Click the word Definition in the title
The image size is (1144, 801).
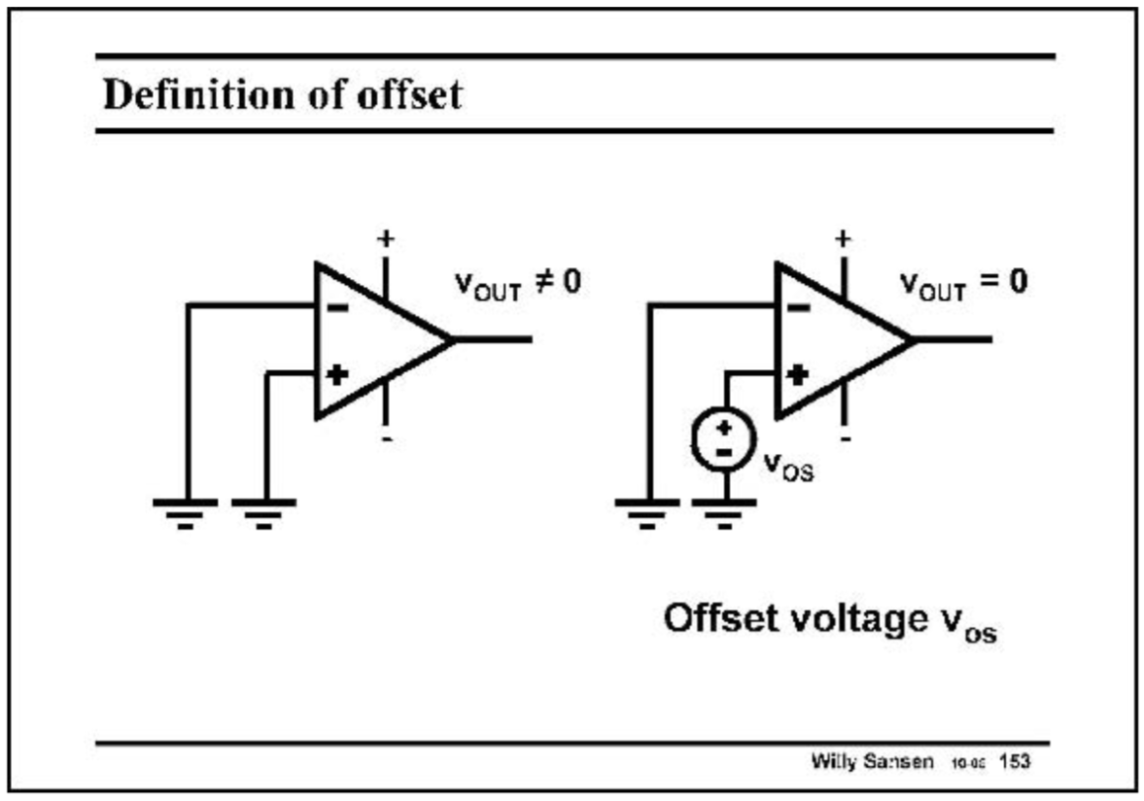(186, 95)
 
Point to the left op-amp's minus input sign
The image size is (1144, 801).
(336, 307)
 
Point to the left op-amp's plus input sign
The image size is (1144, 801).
(337, 374)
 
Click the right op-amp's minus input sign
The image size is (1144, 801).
(797, 307)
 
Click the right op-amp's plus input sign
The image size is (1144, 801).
(797, 374)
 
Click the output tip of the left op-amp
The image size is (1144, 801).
(452, 339)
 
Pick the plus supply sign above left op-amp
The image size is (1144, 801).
(386, 238)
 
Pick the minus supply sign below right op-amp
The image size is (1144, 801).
(846, 439)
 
